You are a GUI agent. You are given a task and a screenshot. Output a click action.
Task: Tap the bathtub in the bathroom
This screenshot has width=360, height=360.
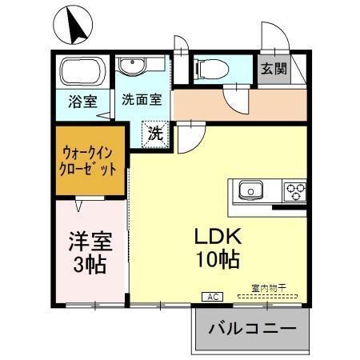point(82,74)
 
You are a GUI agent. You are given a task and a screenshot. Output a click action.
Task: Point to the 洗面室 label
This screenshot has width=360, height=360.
point(142,102)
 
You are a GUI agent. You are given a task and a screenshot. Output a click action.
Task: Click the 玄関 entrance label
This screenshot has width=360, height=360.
point(273,70)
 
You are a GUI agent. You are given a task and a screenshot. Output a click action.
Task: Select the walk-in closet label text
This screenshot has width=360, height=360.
point(90,160)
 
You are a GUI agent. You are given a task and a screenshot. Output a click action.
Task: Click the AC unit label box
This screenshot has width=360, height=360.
point(213,296)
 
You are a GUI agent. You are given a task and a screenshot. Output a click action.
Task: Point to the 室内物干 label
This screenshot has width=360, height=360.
point(267,287)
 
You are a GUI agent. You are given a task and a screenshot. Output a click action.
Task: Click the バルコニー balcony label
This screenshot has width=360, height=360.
point(252,329)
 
